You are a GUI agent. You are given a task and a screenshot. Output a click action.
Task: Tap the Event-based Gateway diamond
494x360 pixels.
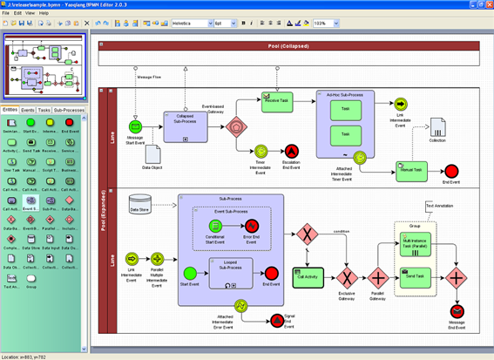point(235,127)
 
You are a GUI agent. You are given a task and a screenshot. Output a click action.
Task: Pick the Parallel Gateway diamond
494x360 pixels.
point(379,279)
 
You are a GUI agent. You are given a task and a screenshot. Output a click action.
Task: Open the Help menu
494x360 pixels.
point(44,13)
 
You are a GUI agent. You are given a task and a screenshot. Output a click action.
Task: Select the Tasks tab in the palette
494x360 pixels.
point(44,111)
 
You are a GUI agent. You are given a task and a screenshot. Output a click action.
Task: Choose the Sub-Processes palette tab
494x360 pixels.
point(70,111)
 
